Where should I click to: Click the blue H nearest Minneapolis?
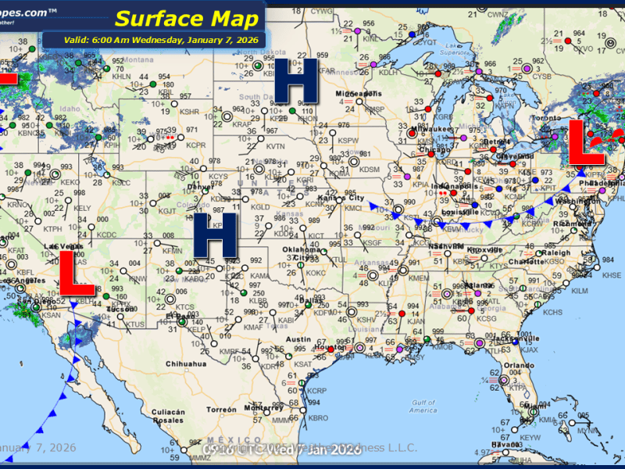(295, 81)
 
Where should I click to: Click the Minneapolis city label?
(359, 94)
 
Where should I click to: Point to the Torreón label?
(222, 410)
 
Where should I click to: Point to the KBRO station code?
(319, 418)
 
